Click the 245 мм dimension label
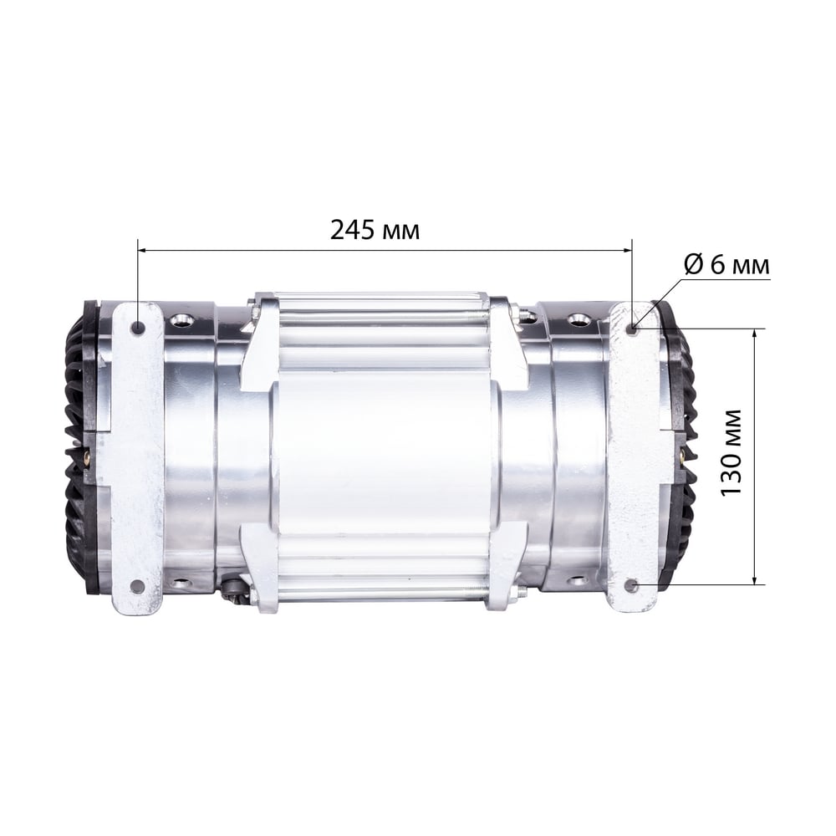[375, 231]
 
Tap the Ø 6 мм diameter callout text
[727, 264]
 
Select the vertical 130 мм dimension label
[731, 452]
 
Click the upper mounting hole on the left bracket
[139, 327]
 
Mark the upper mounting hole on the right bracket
[633, 328]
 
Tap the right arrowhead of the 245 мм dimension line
[628, 249]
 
